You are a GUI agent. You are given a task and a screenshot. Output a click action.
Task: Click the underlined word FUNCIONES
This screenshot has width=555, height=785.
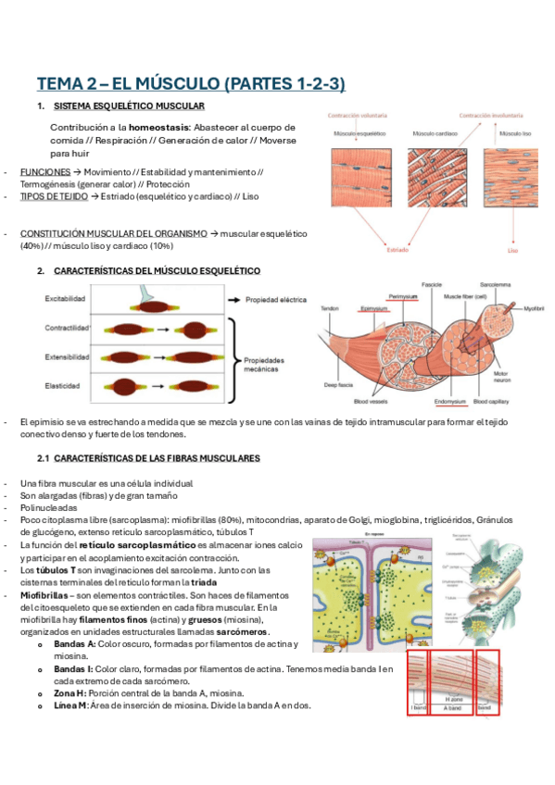pos(44,172)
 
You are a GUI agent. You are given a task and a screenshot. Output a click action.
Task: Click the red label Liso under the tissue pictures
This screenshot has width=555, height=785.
pos(512,249)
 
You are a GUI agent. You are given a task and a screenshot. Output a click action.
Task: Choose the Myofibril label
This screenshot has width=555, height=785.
pos(535,308)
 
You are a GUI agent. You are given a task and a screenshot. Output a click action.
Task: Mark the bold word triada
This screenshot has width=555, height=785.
pos(203,583)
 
